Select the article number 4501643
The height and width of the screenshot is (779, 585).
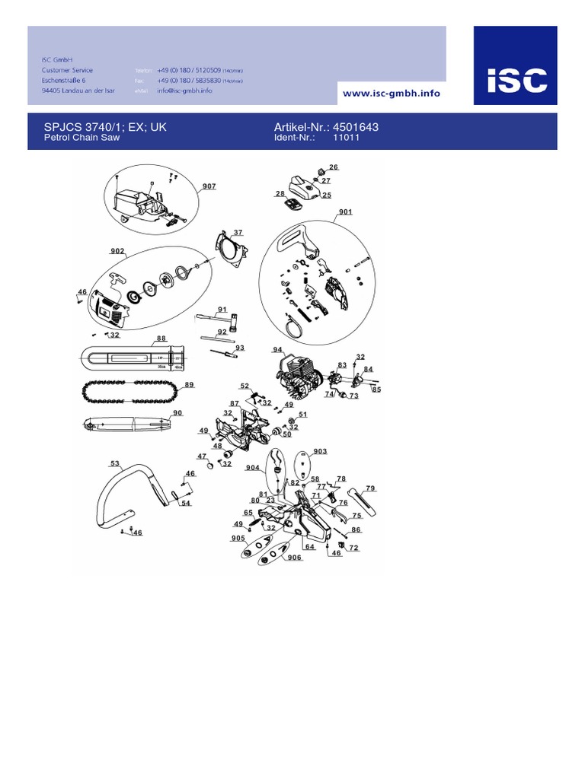353,127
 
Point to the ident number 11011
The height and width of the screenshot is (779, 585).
347,138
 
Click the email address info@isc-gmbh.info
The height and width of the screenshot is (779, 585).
184,91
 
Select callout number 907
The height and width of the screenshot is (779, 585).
209,186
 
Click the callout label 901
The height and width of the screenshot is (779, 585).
345,211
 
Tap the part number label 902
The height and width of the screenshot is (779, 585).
117,250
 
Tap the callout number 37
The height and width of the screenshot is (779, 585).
238,232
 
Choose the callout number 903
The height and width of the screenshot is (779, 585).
320,451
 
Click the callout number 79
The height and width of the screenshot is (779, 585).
370,488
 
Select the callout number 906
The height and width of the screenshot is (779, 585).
293,558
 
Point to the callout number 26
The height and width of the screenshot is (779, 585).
333,167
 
